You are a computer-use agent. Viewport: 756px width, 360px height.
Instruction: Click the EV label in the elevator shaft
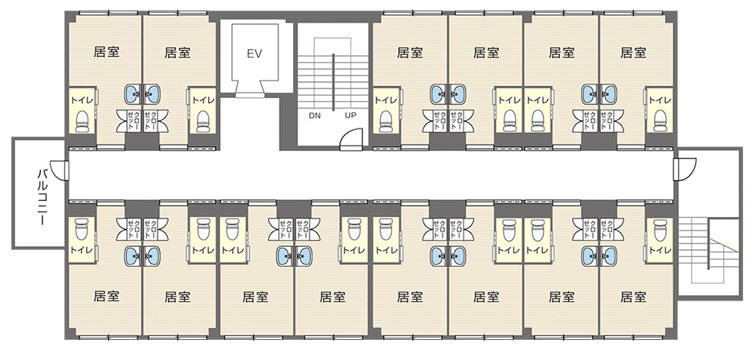254,54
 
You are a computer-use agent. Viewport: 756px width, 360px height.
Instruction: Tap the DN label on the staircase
314,116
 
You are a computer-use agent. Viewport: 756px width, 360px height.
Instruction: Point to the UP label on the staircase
350,116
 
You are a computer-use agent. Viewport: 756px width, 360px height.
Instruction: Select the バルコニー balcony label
42,197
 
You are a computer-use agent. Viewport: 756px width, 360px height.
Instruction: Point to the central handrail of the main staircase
333,82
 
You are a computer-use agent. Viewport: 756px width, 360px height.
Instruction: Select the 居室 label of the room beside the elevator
178,52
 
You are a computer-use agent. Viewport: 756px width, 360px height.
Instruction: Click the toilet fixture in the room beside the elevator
203,121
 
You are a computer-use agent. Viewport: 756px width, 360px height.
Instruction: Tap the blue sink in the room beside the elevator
152,94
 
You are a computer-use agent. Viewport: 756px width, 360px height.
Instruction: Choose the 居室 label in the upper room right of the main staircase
410,52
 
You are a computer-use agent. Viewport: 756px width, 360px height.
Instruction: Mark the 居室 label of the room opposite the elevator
255,297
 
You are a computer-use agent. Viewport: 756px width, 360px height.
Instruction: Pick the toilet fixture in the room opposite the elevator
232,229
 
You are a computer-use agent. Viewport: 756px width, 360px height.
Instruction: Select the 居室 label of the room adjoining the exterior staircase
633,297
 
